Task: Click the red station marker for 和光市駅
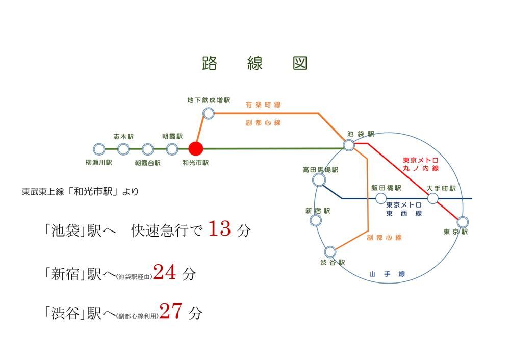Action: coord(196,148)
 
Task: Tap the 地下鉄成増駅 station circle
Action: coord(209,114)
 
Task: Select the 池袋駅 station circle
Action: coord(349,145)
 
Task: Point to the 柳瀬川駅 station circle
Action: coord(99,149)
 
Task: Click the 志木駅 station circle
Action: coord(123,149)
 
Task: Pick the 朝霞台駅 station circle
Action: coord(148,149)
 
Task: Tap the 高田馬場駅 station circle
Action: coord(319,180)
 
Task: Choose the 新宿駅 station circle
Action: coord(316,220)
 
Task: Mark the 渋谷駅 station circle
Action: coord(330,252)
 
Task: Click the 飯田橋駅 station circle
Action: coord(381,198)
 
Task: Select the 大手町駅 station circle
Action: coord(432,198)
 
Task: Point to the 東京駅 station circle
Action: coord(463,222)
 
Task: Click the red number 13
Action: coord(220,228)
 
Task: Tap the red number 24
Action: coord(165,272)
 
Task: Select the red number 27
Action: coord(171,311)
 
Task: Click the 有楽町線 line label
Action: coord(263,105)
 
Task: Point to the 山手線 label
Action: coord(387,274)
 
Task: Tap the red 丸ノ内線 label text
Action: coord(421,168)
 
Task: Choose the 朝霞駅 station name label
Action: coord(172,136)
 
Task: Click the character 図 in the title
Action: coord(300,63)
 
